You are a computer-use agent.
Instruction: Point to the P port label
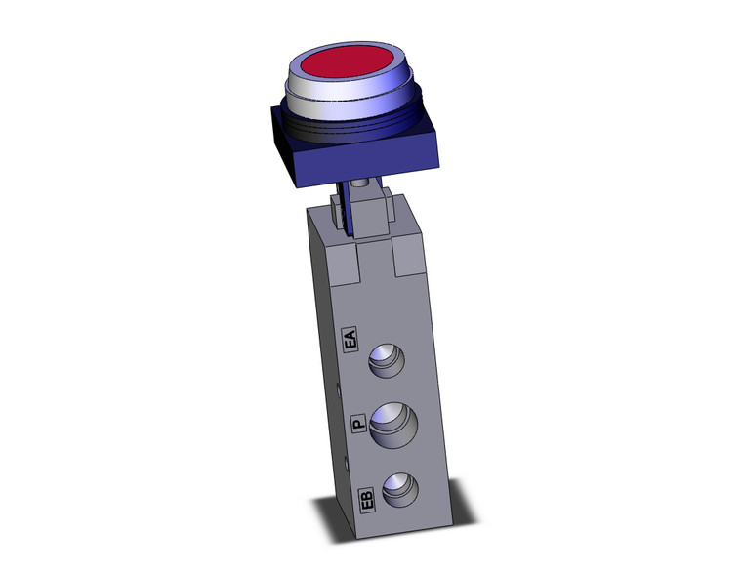coord(357,423)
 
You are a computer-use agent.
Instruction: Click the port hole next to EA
coord(389,364)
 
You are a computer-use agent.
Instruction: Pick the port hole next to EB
coord(401,489)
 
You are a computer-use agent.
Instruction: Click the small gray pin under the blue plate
coord(362,184)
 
